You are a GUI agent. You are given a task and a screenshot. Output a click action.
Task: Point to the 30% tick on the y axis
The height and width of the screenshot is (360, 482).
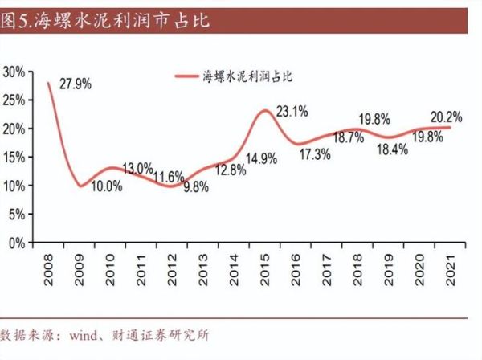click(x=14, y=72)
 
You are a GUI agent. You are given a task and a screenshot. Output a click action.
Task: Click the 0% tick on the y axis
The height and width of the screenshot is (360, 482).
click(x=18, y=243)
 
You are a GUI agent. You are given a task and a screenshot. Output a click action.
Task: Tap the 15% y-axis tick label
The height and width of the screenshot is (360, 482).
click(x=14, y=157)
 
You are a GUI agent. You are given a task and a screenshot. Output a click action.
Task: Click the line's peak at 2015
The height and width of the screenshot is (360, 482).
click(x=265, y=111)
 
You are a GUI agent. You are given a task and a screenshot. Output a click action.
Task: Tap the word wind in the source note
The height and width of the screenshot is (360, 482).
click(x=87, y=333)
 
